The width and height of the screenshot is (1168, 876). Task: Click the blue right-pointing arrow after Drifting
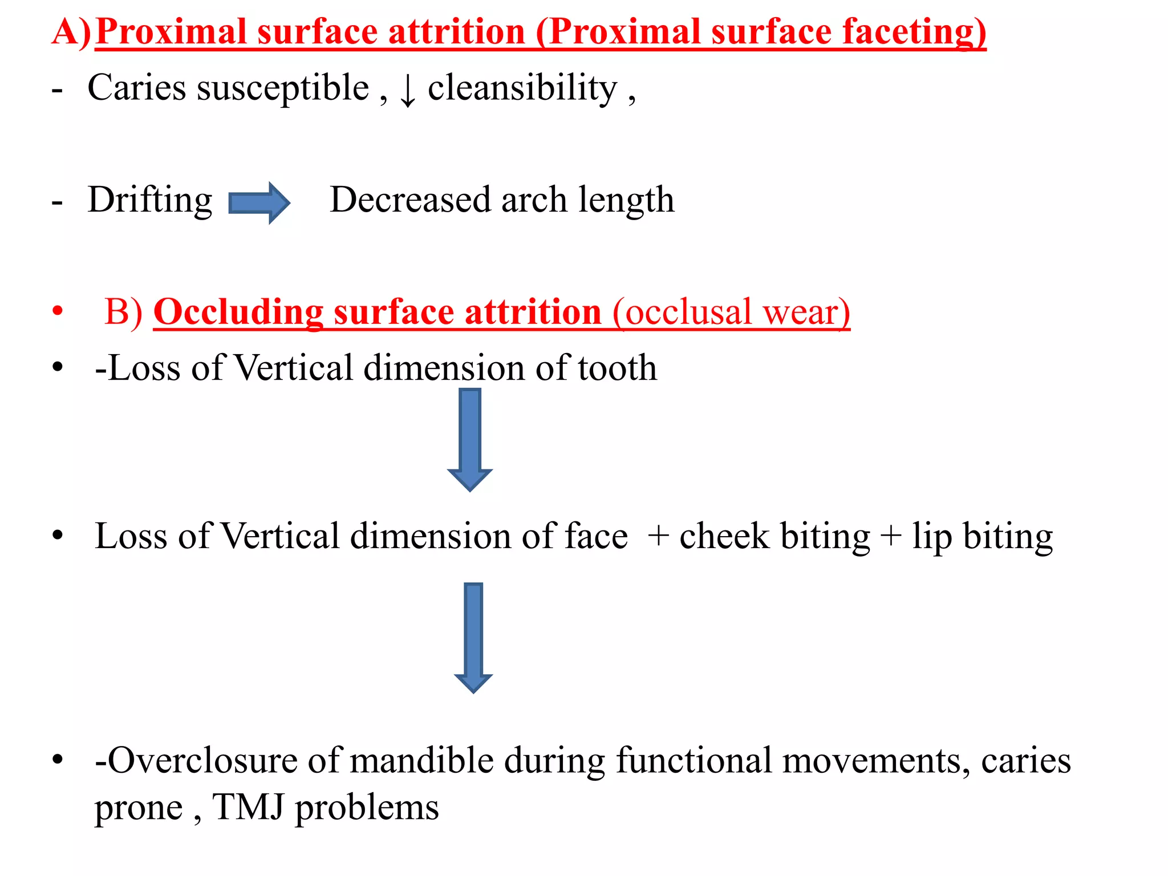click(259, 203)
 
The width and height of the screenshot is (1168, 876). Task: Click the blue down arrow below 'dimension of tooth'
click(470, 439)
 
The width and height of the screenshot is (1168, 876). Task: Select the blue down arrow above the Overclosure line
click(473, 636)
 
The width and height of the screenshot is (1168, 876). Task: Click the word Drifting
click(150, 201)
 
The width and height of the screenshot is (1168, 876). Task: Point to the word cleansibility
click(522, 89)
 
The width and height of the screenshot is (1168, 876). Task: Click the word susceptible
click(283, 89)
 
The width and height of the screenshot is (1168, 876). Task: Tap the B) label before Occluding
click(124, 312)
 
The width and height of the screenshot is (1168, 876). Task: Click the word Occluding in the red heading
click(238, 312)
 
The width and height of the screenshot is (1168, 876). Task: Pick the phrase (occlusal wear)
click(731, 312)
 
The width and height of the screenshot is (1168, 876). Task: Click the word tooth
click(617, 367)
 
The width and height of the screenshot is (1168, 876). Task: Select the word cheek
click(724, 536)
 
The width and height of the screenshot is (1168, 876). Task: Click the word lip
click(932, 537)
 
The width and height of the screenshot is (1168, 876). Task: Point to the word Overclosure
click(203, 761)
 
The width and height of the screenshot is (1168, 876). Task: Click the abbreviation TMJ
click(249, 808)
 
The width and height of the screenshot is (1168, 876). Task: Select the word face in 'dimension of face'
click(596, 536)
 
